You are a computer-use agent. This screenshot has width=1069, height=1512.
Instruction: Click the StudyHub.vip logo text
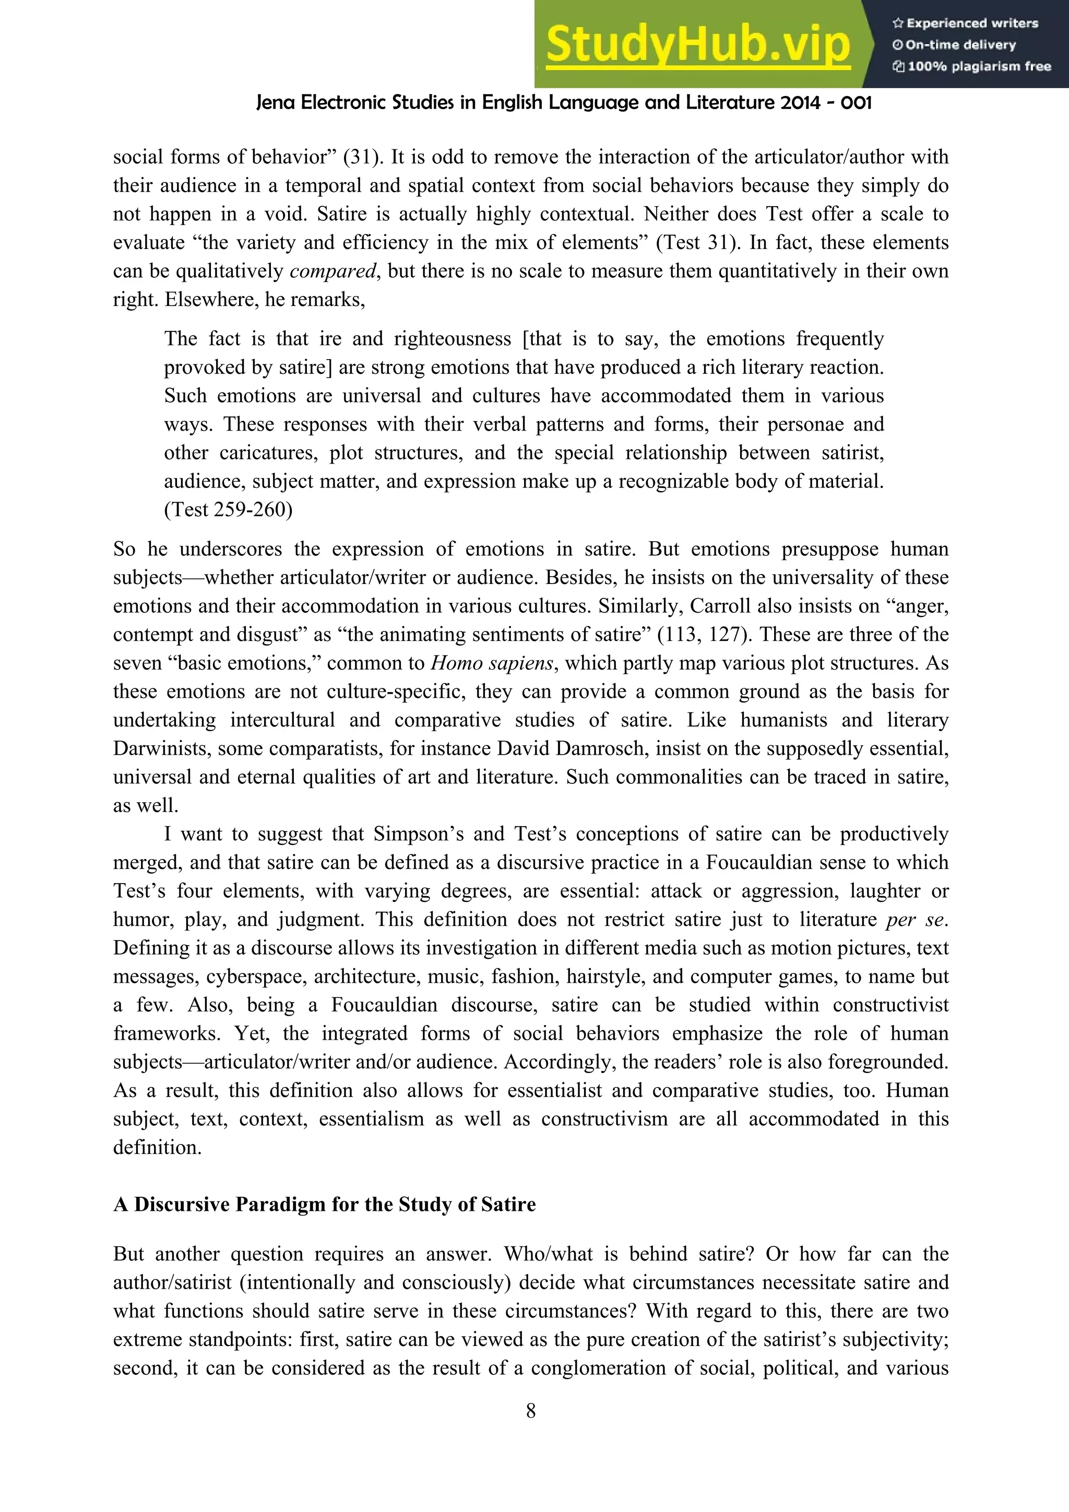698,45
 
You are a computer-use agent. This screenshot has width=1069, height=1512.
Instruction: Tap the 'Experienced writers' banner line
966,23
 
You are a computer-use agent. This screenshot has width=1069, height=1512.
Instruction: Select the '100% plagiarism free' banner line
972,66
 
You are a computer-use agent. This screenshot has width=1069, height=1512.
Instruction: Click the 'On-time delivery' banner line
954,45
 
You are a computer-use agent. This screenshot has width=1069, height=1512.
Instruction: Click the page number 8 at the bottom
531,1411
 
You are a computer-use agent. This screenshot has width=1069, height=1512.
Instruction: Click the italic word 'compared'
332,271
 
